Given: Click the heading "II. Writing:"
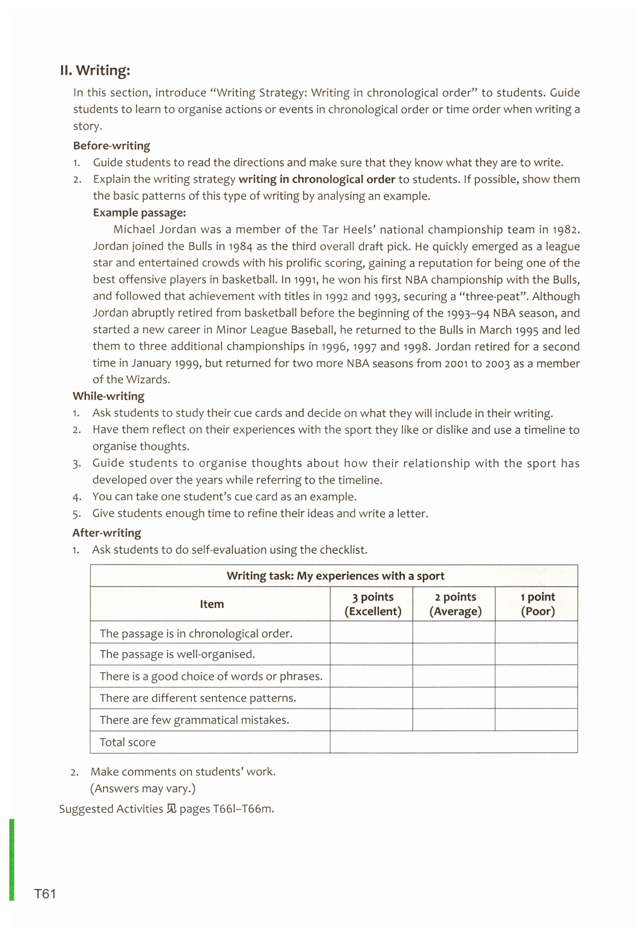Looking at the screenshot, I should (95, 70).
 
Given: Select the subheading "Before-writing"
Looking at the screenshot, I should (111, 146).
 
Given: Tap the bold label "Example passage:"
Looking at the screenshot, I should (139, 213).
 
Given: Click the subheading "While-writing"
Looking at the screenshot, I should (108, 396).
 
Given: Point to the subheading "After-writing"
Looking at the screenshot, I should (107, 533).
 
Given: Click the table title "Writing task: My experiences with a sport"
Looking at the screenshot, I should (335, 576).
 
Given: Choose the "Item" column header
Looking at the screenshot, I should (211, 604).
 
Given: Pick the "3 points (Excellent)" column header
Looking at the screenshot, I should (372, 604).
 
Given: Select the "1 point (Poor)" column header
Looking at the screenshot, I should (537, 604).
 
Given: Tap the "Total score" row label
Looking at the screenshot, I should (128, 742).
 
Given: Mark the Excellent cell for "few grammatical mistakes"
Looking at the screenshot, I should (371, 720).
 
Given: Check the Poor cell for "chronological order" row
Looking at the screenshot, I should (536, 632).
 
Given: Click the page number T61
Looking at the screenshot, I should (45, 894).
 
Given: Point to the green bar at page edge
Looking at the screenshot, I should (12, 859).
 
